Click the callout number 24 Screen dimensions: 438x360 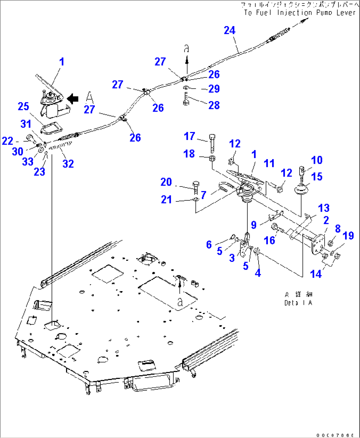point(230,30)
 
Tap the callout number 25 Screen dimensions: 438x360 point(23,106)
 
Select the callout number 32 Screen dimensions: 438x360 point(68,163)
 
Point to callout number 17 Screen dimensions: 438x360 point(189,136)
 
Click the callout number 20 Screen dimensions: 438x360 point(166,182)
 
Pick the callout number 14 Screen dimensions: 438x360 point(316,274)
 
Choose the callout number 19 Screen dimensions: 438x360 point(348,235)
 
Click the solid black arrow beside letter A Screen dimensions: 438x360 point(73,98)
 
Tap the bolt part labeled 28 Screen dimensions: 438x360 point(186,99)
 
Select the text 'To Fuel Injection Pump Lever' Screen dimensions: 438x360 point(300,13)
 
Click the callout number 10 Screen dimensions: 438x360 point(317,160)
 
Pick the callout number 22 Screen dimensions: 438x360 point(8,141)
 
